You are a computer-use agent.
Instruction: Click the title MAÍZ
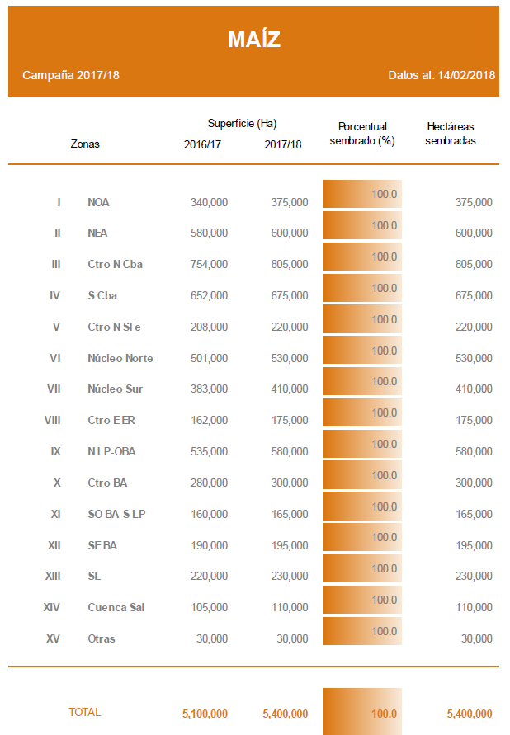click(254, 40)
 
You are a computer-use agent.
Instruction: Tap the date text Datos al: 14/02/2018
click(442, 75)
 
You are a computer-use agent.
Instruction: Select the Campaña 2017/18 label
click(71, 75)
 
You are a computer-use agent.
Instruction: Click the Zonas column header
click(85, 144)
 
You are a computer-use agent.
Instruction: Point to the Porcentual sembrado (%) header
click(362, 134)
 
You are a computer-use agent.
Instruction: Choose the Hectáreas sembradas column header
click(450, 134)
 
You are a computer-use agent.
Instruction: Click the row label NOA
click(98, 202)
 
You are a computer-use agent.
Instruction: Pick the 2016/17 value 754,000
click(210, 265)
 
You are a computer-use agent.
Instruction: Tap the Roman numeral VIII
click(53, 421)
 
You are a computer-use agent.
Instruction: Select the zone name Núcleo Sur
click(116, 389)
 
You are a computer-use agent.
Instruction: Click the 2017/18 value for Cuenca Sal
click(290, 608)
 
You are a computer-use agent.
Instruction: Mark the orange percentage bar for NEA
click(362, 225)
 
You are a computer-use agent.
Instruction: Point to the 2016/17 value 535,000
click(210, 452)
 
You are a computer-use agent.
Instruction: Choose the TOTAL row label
click(84, 712)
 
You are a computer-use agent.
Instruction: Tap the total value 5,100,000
click(205, 714)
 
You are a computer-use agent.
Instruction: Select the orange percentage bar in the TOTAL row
click(362, 711)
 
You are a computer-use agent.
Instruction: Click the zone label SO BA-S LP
click(116, 515)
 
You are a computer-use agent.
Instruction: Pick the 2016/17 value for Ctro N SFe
click(210, 327)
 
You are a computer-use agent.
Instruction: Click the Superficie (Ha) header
click(242, 124)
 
